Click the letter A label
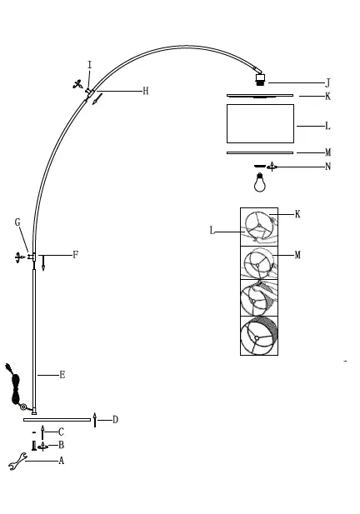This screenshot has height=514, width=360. tap(61, 461)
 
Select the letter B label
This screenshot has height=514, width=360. tap(61, 446)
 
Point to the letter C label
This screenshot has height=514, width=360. tap(61, 432)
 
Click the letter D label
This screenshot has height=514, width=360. tap(115, 419)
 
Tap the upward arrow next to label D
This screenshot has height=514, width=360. tap(96, 419)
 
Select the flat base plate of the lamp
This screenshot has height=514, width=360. tap(57, 420)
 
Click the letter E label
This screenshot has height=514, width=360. tap(62, 375)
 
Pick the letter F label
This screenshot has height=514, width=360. tap(75, 254)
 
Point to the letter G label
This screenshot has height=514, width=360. tap(17, 222)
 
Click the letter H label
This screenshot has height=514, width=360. tap(145, 91)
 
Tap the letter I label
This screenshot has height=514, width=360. tap(89, 65)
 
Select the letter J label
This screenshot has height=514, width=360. tap(327, 82)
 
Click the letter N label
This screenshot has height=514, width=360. tap(327, 167)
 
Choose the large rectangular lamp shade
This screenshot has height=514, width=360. tap(260, 123)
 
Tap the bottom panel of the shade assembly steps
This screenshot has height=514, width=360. tap(259, 336)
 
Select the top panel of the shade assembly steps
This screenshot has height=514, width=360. tap(259, 226)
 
